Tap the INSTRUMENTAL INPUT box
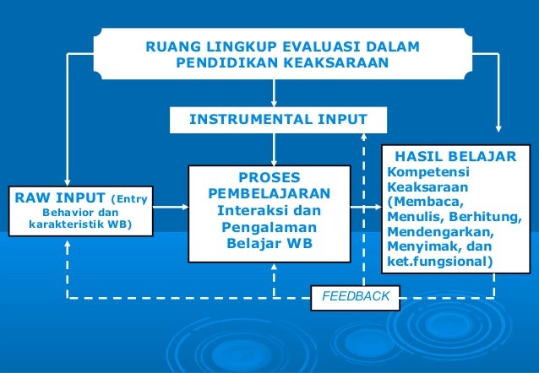pyautogui.click(x=272, y=119)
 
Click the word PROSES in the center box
pyautogui.click(x=269, y=179)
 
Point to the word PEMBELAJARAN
pyautogui.click(x=269, y=195)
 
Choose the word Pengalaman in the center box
pyautogui.click(x=269, y=228)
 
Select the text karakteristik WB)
pyautogui.click(x=79, y=226)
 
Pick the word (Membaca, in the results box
pyautogui.click(x=424, y=203)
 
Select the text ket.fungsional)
pyautogui.click(x=438, y=262)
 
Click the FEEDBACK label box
pyautogui.click(x=356, y=296)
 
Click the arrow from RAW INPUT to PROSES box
pyautogui.click(x=171, y=206)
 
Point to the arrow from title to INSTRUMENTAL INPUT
pyautogui.click(x=273, y=90)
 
